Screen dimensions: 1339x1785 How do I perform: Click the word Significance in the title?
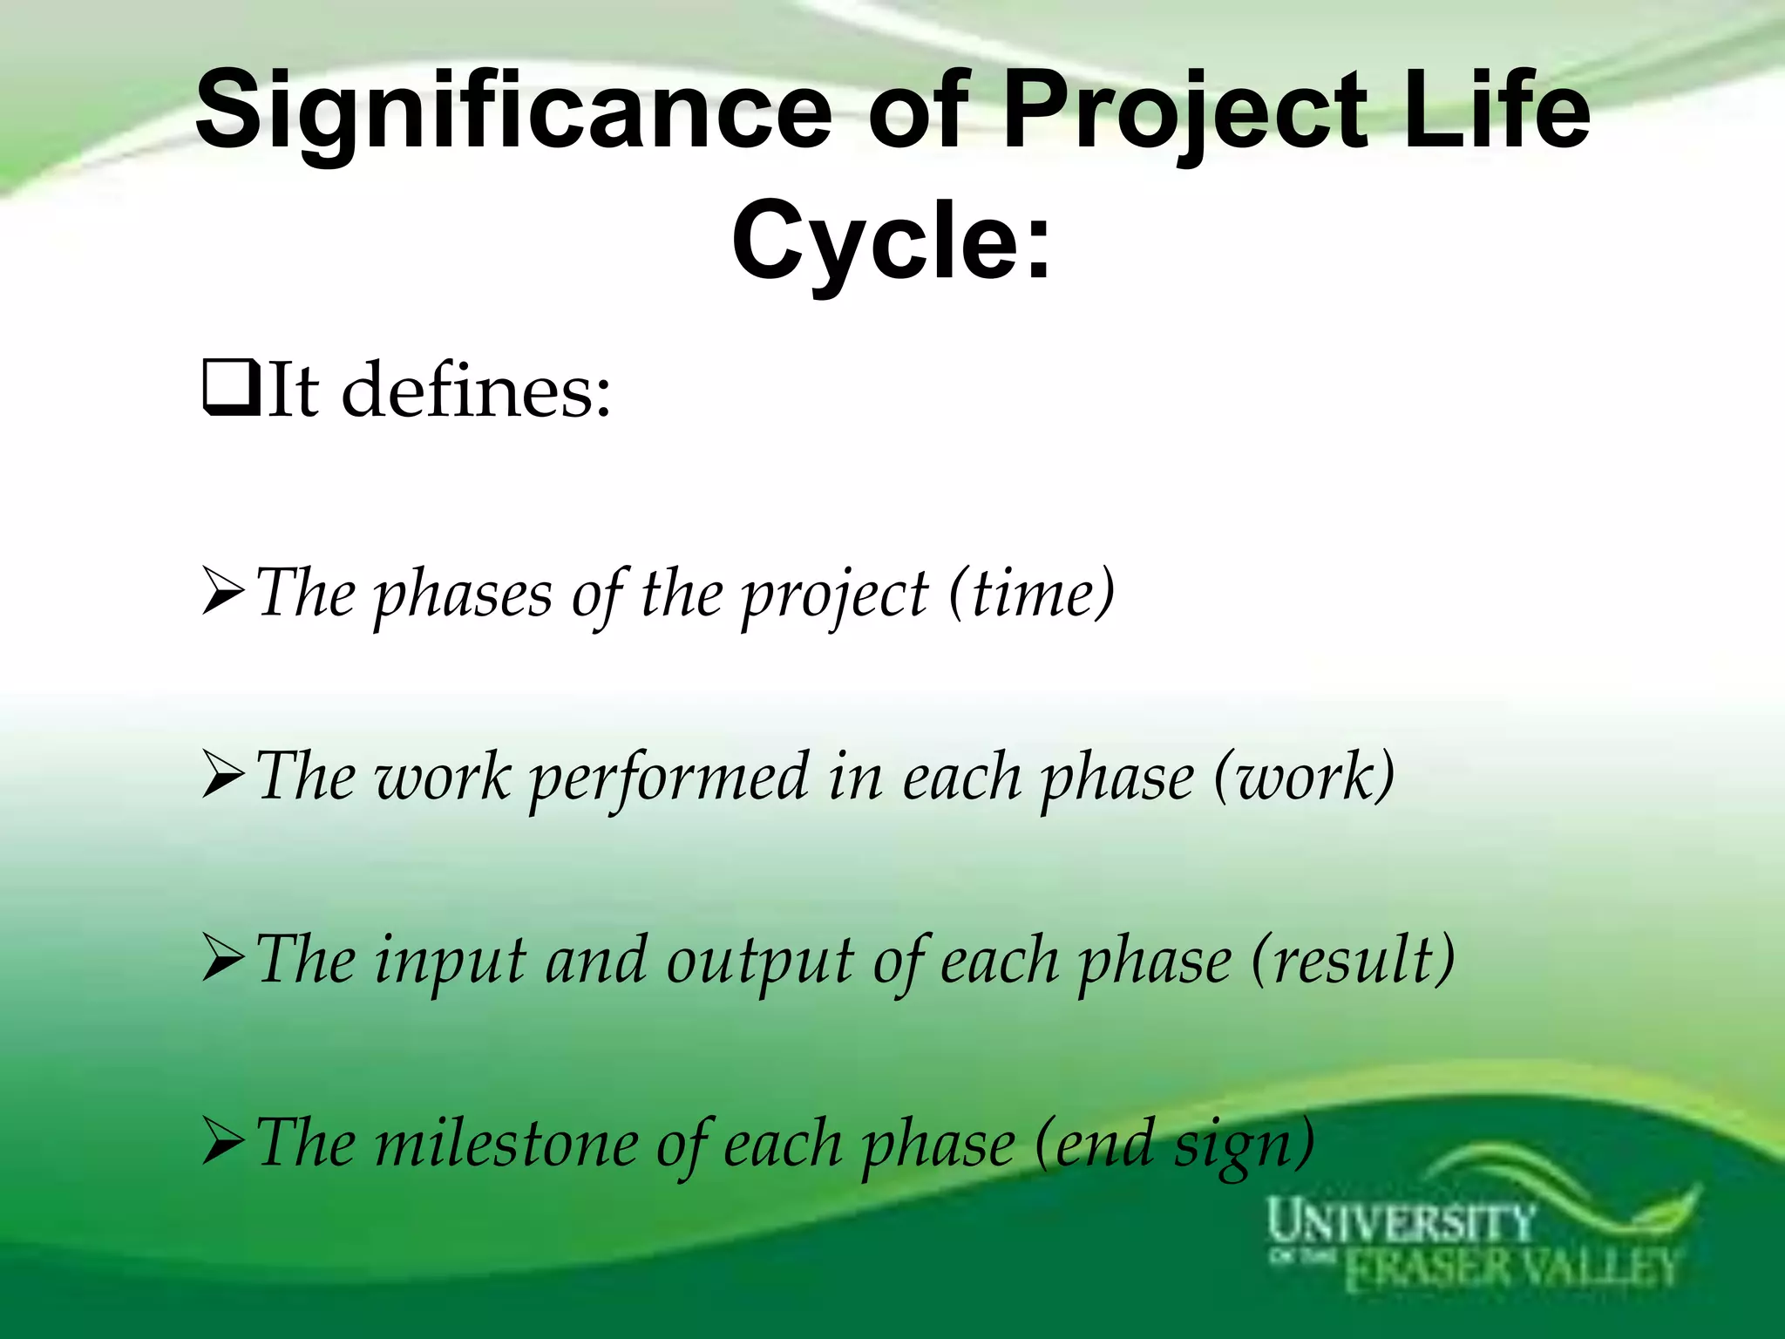pos(514,111)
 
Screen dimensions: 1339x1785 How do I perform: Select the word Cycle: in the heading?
pos(892,240)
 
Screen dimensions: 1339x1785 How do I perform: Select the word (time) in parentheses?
pos(1031,593)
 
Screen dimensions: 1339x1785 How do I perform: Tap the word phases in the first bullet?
pos(463,595)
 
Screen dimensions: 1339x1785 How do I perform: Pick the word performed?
pos(669,778)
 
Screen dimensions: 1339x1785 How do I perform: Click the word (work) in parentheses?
pos(1304,776)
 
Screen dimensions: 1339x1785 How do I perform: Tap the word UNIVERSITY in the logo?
pos(1400,1221)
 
